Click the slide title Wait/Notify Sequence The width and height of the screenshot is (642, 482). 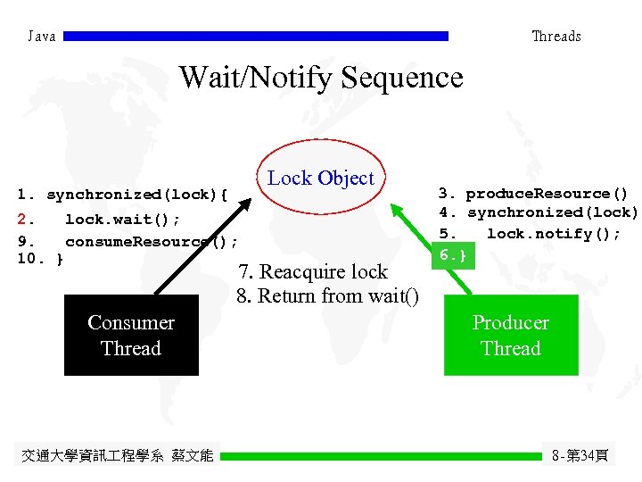321,78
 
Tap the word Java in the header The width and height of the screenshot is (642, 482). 41,37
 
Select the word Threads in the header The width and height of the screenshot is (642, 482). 556,37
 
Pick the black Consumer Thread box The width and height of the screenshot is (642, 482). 131,336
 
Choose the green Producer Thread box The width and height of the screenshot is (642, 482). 510,336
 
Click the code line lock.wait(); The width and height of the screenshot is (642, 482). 122,220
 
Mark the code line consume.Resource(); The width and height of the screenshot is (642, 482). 150,242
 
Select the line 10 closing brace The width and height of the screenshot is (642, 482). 40,260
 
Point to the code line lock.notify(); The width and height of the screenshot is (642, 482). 552,234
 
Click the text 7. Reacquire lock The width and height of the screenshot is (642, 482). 312,272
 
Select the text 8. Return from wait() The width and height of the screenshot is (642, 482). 327,295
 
